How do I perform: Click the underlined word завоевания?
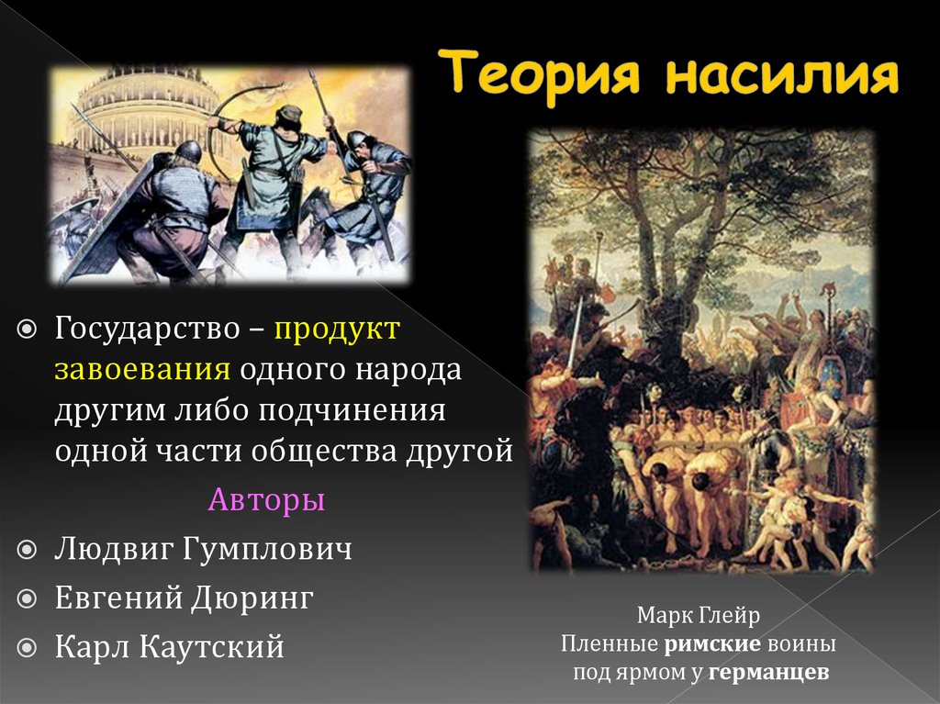click(x=140, y=371)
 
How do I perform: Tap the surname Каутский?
click(x=212, y=647)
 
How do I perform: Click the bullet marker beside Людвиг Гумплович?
click(x=28, y=551)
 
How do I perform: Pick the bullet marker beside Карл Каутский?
click(x=28, y=647)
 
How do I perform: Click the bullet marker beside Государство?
click(x=28, y=329)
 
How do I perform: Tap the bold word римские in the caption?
click(x=711, y=643)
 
